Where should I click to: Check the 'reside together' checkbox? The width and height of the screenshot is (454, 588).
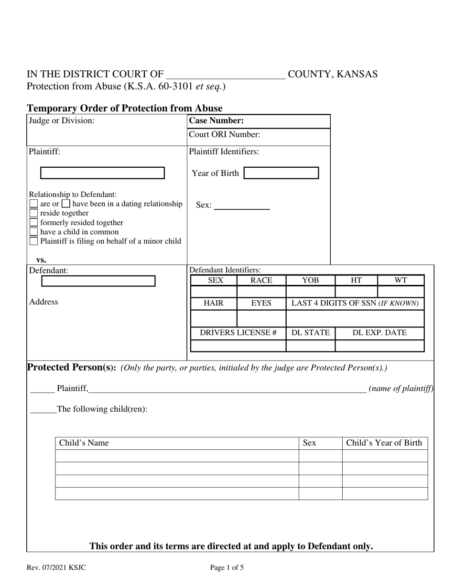coord(34,213)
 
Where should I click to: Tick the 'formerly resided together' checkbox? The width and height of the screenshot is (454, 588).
coord(34,223)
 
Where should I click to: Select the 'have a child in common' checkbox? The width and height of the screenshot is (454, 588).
coord(34,232)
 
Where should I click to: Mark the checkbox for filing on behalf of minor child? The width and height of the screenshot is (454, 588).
coord(34,241)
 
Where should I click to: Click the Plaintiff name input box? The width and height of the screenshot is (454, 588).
coord(102,173)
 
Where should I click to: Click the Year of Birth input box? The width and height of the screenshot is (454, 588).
coord(281,173)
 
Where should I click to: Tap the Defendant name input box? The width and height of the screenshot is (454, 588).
coord(98,281)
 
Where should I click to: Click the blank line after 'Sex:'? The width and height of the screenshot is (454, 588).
coord(242,206)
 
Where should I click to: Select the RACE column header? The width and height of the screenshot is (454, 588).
coord(261,281)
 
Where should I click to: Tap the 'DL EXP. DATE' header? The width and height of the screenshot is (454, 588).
coord(379,333)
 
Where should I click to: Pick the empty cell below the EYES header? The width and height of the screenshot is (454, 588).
coord(261,318)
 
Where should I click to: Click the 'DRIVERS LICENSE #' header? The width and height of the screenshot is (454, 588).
coord(238,333)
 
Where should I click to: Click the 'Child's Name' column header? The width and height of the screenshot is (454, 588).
coord(84,443)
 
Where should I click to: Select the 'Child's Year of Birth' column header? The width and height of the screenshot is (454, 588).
coord(384,443)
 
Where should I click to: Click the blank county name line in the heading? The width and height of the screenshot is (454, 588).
coord(225,75)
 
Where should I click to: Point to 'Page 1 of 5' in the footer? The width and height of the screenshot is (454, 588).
coord(227,568)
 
